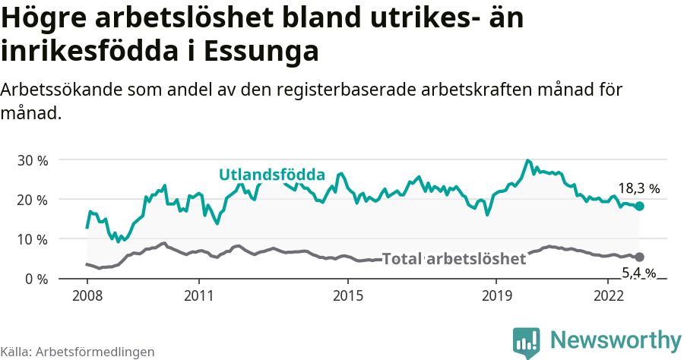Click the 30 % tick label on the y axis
pyautogui.click(x=32, y=160)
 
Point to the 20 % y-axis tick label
pyautogui.click(x=32, y=200)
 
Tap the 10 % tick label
pyautogui.click(x=32, y=239)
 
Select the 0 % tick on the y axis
pyautogui.click(x=36, y=279)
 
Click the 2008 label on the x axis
pyautogui.click(x=87, y=295)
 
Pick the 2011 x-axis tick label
pyautogui.click(x=198, y=295)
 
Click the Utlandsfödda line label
pyautogui.click(x=272, y=175)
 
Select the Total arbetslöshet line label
pyautogui.click(x=454, y=259)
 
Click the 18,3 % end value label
pyautogui.click(x=638, y=188)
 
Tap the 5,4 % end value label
pyautogui.click(x=638, y=272)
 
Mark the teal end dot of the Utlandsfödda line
pyautogui.click(x=639, y=206)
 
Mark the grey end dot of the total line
pyautogui.click(x=639, y=257)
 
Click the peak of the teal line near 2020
pyautogui.click(x=527, y=161)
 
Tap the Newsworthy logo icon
pyautogui.click(x=527, y=342)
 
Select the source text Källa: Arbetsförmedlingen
pyautogui.click(x=78, y=352)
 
